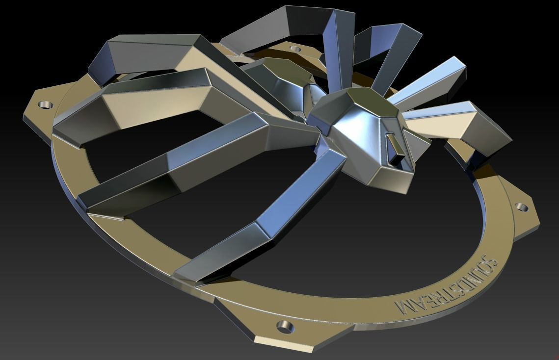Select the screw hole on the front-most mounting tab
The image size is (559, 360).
(x=284, y=325)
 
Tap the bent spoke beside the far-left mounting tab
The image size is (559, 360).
(x=147, y=54)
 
